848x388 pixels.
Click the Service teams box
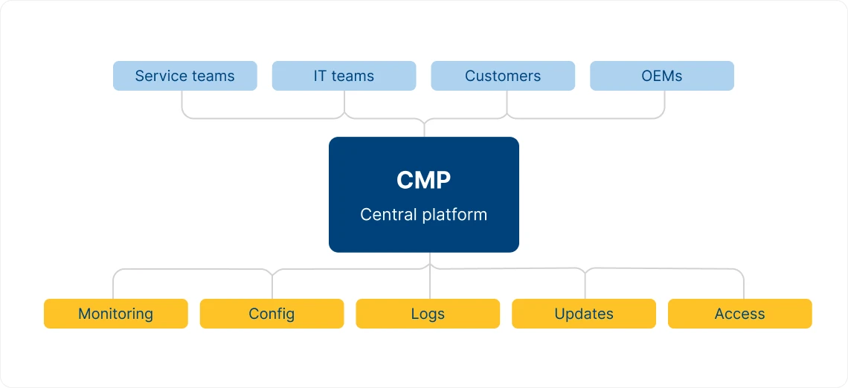coord(184,76)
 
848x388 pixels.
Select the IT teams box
coord(344,76)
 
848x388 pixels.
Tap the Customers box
coord(503,76)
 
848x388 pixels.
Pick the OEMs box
coord(662,76)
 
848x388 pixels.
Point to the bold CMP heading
coord(423,180)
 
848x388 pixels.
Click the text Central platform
coord(423,215)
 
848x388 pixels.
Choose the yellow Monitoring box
coord(115,314)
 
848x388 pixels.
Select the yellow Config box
coord(272,314)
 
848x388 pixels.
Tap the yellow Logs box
coord(428,314)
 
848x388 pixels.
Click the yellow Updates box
coord(584,314)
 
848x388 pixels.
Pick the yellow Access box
coord(739,314)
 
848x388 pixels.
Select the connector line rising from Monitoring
coord(113,286)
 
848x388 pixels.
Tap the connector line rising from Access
coord(744,286)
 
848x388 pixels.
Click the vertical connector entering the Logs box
coord(430,286)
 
